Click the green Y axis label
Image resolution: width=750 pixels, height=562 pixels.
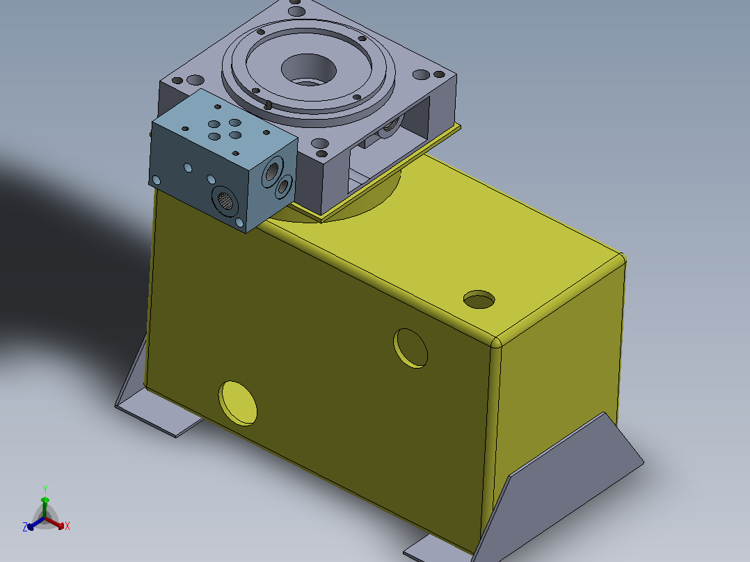click(45, 489)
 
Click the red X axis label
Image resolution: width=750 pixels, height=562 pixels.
click(67, 526)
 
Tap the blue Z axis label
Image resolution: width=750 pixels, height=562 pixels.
click(25, 527)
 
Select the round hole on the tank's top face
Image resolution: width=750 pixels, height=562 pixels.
click(479, 299)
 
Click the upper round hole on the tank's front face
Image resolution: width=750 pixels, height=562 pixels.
click(410, 348)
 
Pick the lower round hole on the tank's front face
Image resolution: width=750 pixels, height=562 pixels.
click(238, 403)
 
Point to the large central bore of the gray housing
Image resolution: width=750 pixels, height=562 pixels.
click(308, 70)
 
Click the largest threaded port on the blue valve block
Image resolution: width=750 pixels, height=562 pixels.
click(225, 201)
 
